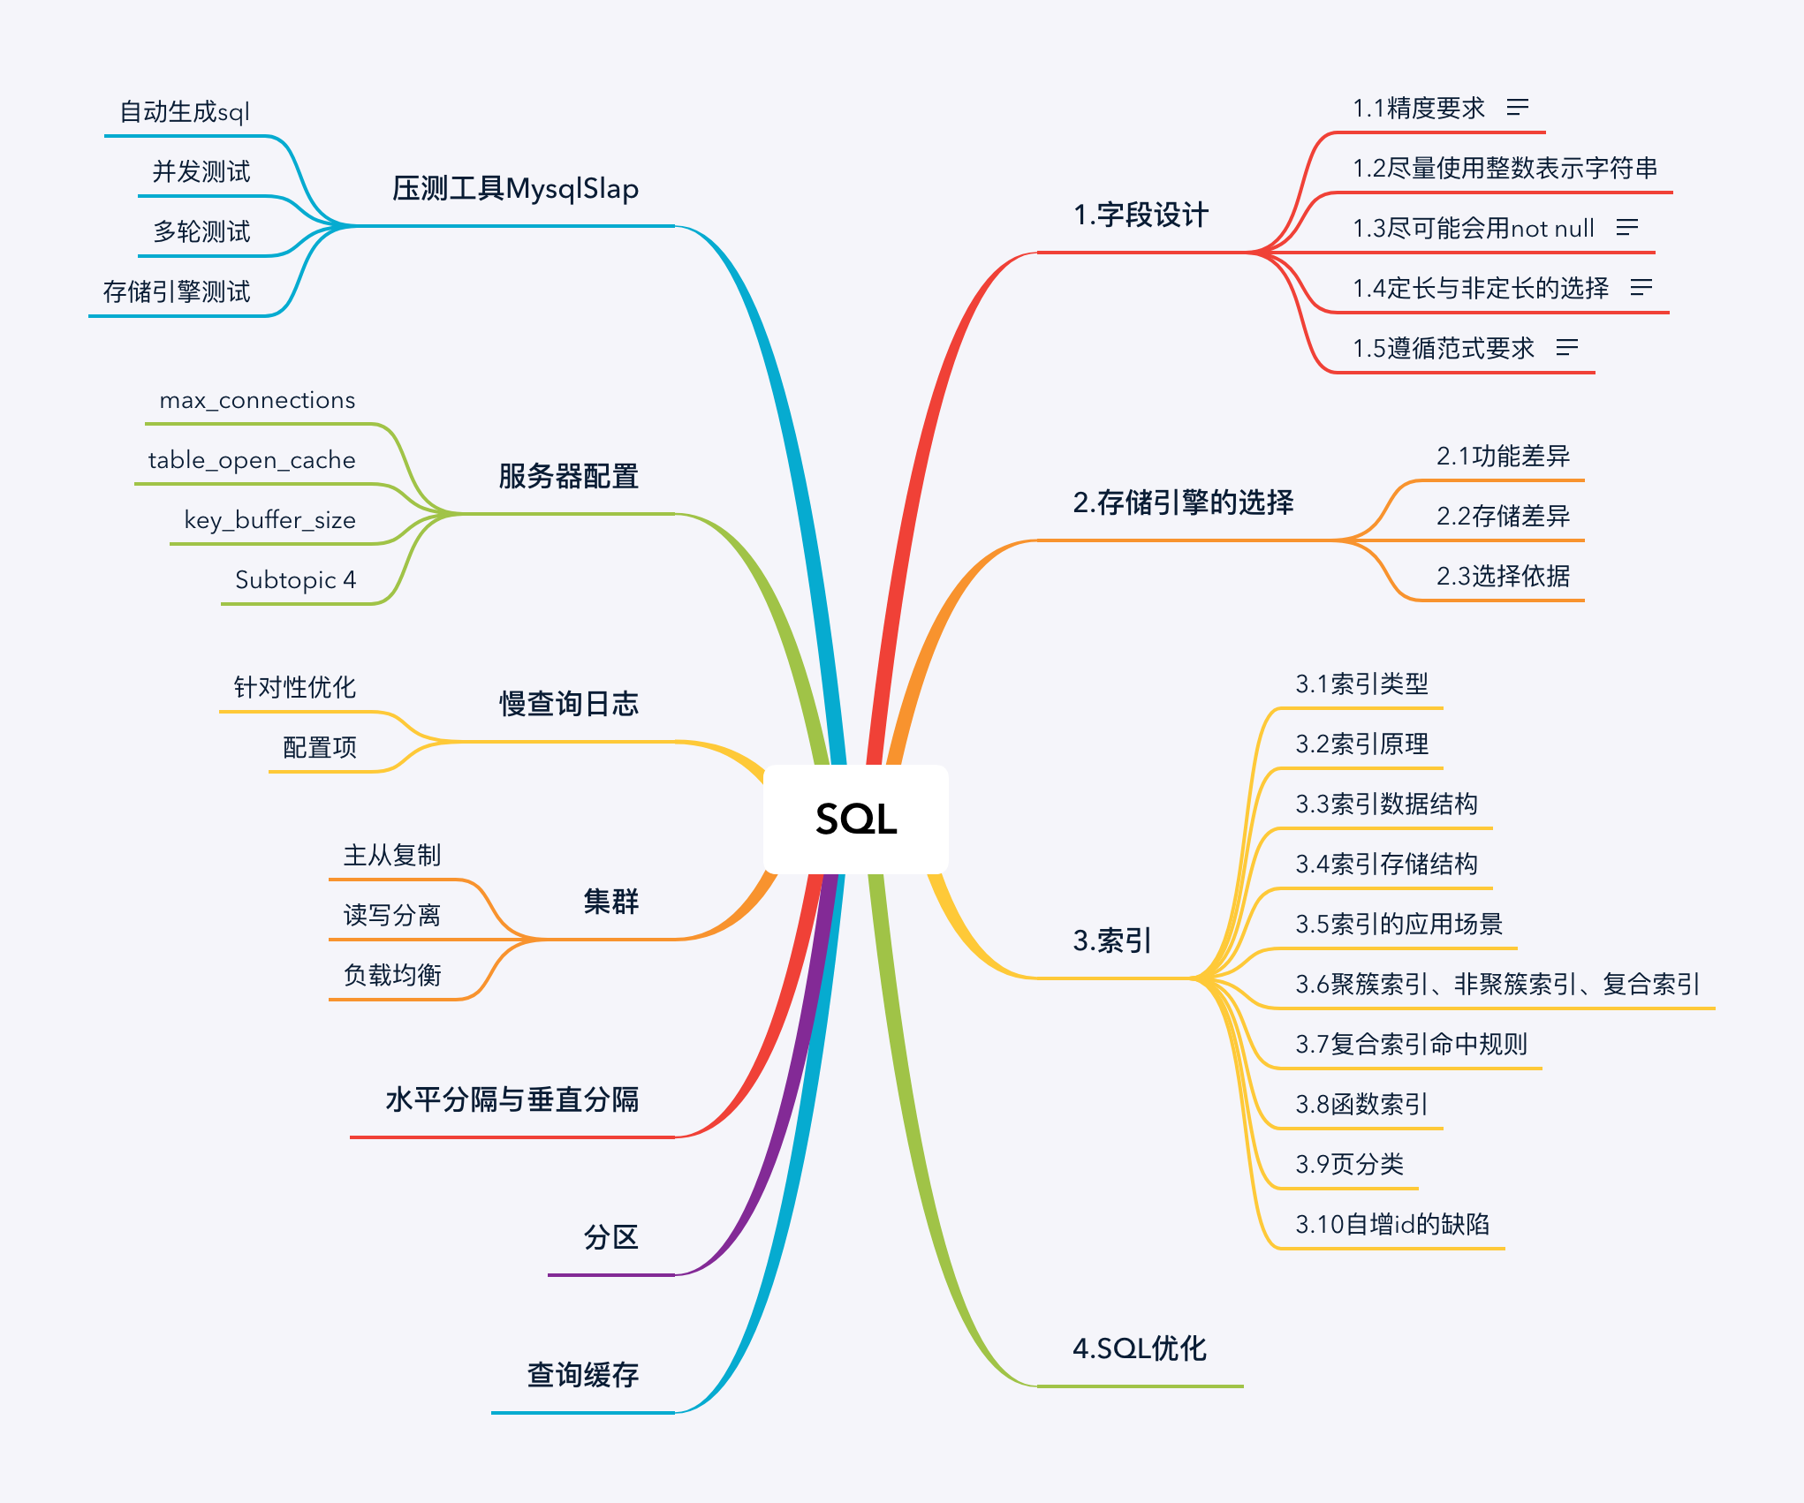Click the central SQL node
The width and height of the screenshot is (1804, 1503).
[855, 819]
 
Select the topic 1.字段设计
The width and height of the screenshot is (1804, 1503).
[1140, 215]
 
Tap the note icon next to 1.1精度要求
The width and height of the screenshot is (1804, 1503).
[1518, 108]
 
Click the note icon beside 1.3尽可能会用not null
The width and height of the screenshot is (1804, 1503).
[1626, 228]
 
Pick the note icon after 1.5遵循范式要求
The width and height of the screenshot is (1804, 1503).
[1566, 348]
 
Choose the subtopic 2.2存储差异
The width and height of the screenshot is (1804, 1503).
[1503, 516]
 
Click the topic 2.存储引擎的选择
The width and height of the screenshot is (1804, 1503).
[1183, 502]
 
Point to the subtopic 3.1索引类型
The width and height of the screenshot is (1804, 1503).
[1361, 684]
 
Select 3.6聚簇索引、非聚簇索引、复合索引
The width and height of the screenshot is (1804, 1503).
[1497, 984]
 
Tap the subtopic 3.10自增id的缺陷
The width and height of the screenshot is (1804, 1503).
[1392, 1224]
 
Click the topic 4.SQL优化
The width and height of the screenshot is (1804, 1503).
[1139, 1348]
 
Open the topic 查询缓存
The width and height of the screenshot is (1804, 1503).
[582, 1375]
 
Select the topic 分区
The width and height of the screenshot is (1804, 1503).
[610, 1237]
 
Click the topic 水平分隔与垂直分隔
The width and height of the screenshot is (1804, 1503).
[512, 1099]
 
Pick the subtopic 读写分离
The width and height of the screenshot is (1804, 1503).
[391, 915]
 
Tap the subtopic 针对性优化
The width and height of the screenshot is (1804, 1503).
[294, 687]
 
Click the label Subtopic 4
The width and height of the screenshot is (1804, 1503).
[295, 580]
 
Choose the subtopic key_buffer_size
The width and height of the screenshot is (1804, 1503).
[269, 520]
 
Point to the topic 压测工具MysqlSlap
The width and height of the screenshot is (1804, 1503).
[515, 189]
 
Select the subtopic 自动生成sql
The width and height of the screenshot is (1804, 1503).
[185, 112]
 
